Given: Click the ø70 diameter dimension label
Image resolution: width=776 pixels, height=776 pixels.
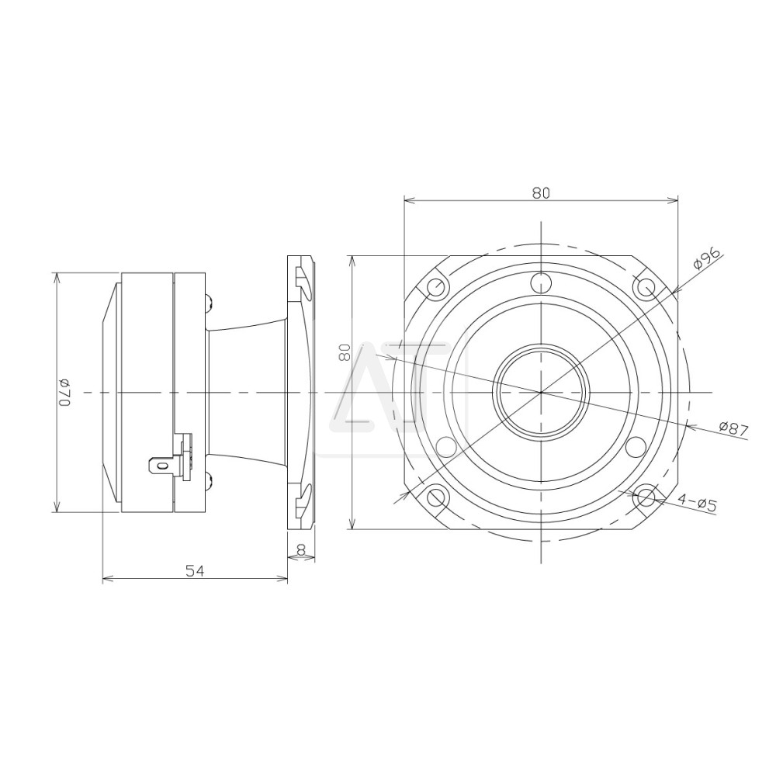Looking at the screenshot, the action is [65, 393].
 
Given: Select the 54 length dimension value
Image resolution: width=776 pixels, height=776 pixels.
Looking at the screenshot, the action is [195, 571].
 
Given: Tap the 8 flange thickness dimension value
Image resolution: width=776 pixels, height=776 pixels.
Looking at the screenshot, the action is [300, 549].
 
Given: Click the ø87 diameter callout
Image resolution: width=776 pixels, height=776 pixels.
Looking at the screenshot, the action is [734, 428].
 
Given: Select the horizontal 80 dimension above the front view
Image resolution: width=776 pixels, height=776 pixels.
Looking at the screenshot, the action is [541, 193].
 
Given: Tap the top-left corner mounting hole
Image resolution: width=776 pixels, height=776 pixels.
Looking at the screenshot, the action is [435, 286].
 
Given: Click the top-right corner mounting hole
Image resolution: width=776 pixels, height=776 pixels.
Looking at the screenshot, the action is [646, 286].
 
